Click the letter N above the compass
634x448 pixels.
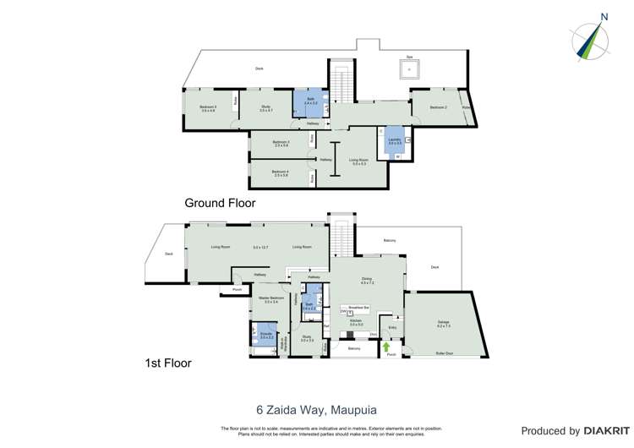click(x=604, y=16)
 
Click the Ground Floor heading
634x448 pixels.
click(x=220, y=203)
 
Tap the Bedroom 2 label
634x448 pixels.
click(x=437, y=107)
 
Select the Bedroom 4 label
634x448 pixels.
click(x=281, y=172)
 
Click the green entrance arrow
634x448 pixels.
click(x=387, y=346)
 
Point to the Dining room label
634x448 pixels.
click(x=367, y=280)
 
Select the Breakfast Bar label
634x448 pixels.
click(x=354, y=309)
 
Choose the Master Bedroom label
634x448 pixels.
click(x=271, y=300)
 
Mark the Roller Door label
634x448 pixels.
click(x=444, y=352)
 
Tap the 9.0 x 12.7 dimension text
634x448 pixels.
click(x=260, y=247)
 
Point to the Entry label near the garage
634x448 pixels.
click(x=392, y=327)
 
